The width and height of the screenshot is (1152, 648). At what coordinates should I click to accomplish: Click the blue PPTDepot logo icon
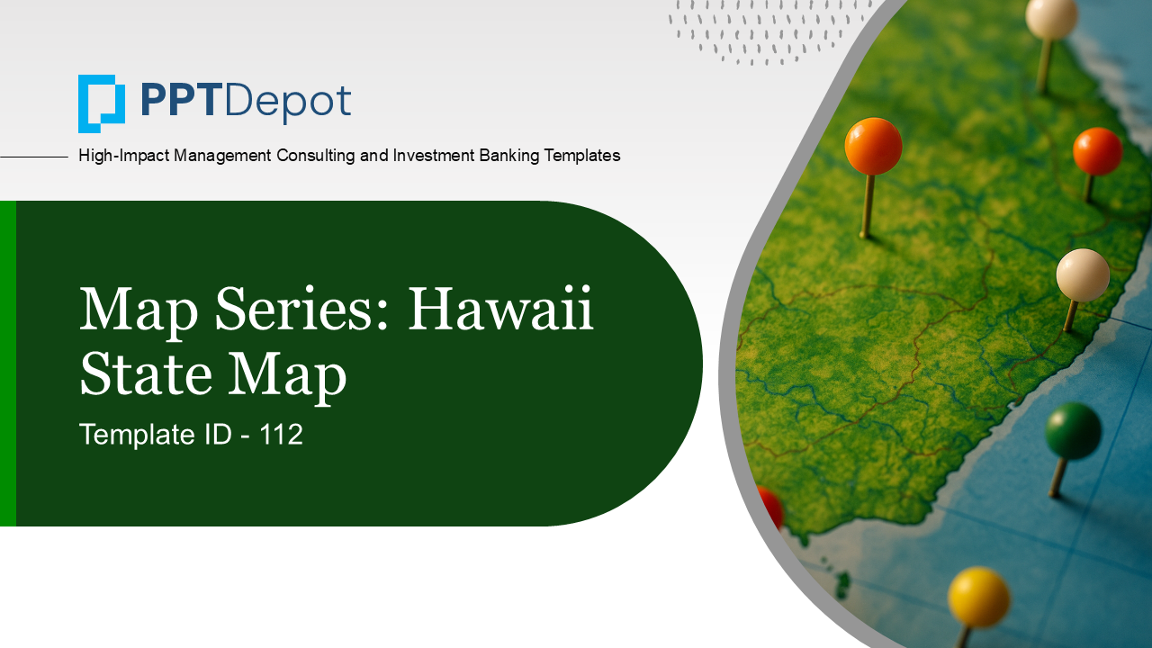click(x=101, y=103)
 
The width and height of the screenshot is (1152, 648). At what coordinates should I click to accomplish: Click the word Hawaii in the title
click(x=501, y=310)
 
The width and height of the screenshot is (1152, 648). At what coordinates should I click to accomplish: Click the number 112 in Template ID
click(x=282, y=435)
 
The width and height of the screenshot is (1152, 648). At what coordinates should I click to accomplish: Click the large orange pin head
click(x=873, y=146)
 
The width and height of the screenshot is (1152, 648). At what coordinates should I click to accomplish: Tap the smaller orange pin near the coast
click(x=1097, y=151)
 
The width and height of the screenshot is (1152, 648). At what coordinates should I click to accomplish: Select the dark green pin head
click(x=1073, y=430)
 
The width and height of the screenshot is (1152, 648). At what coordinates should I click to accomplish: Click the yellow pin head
click(x=978, y=597)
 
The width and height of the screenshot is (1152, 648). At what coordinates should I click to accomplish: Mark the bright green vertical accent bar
click(x=7, y=364)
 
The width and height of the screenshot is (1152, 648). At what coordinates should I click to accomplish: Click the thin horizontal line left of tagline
click(x=34, y=157)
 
